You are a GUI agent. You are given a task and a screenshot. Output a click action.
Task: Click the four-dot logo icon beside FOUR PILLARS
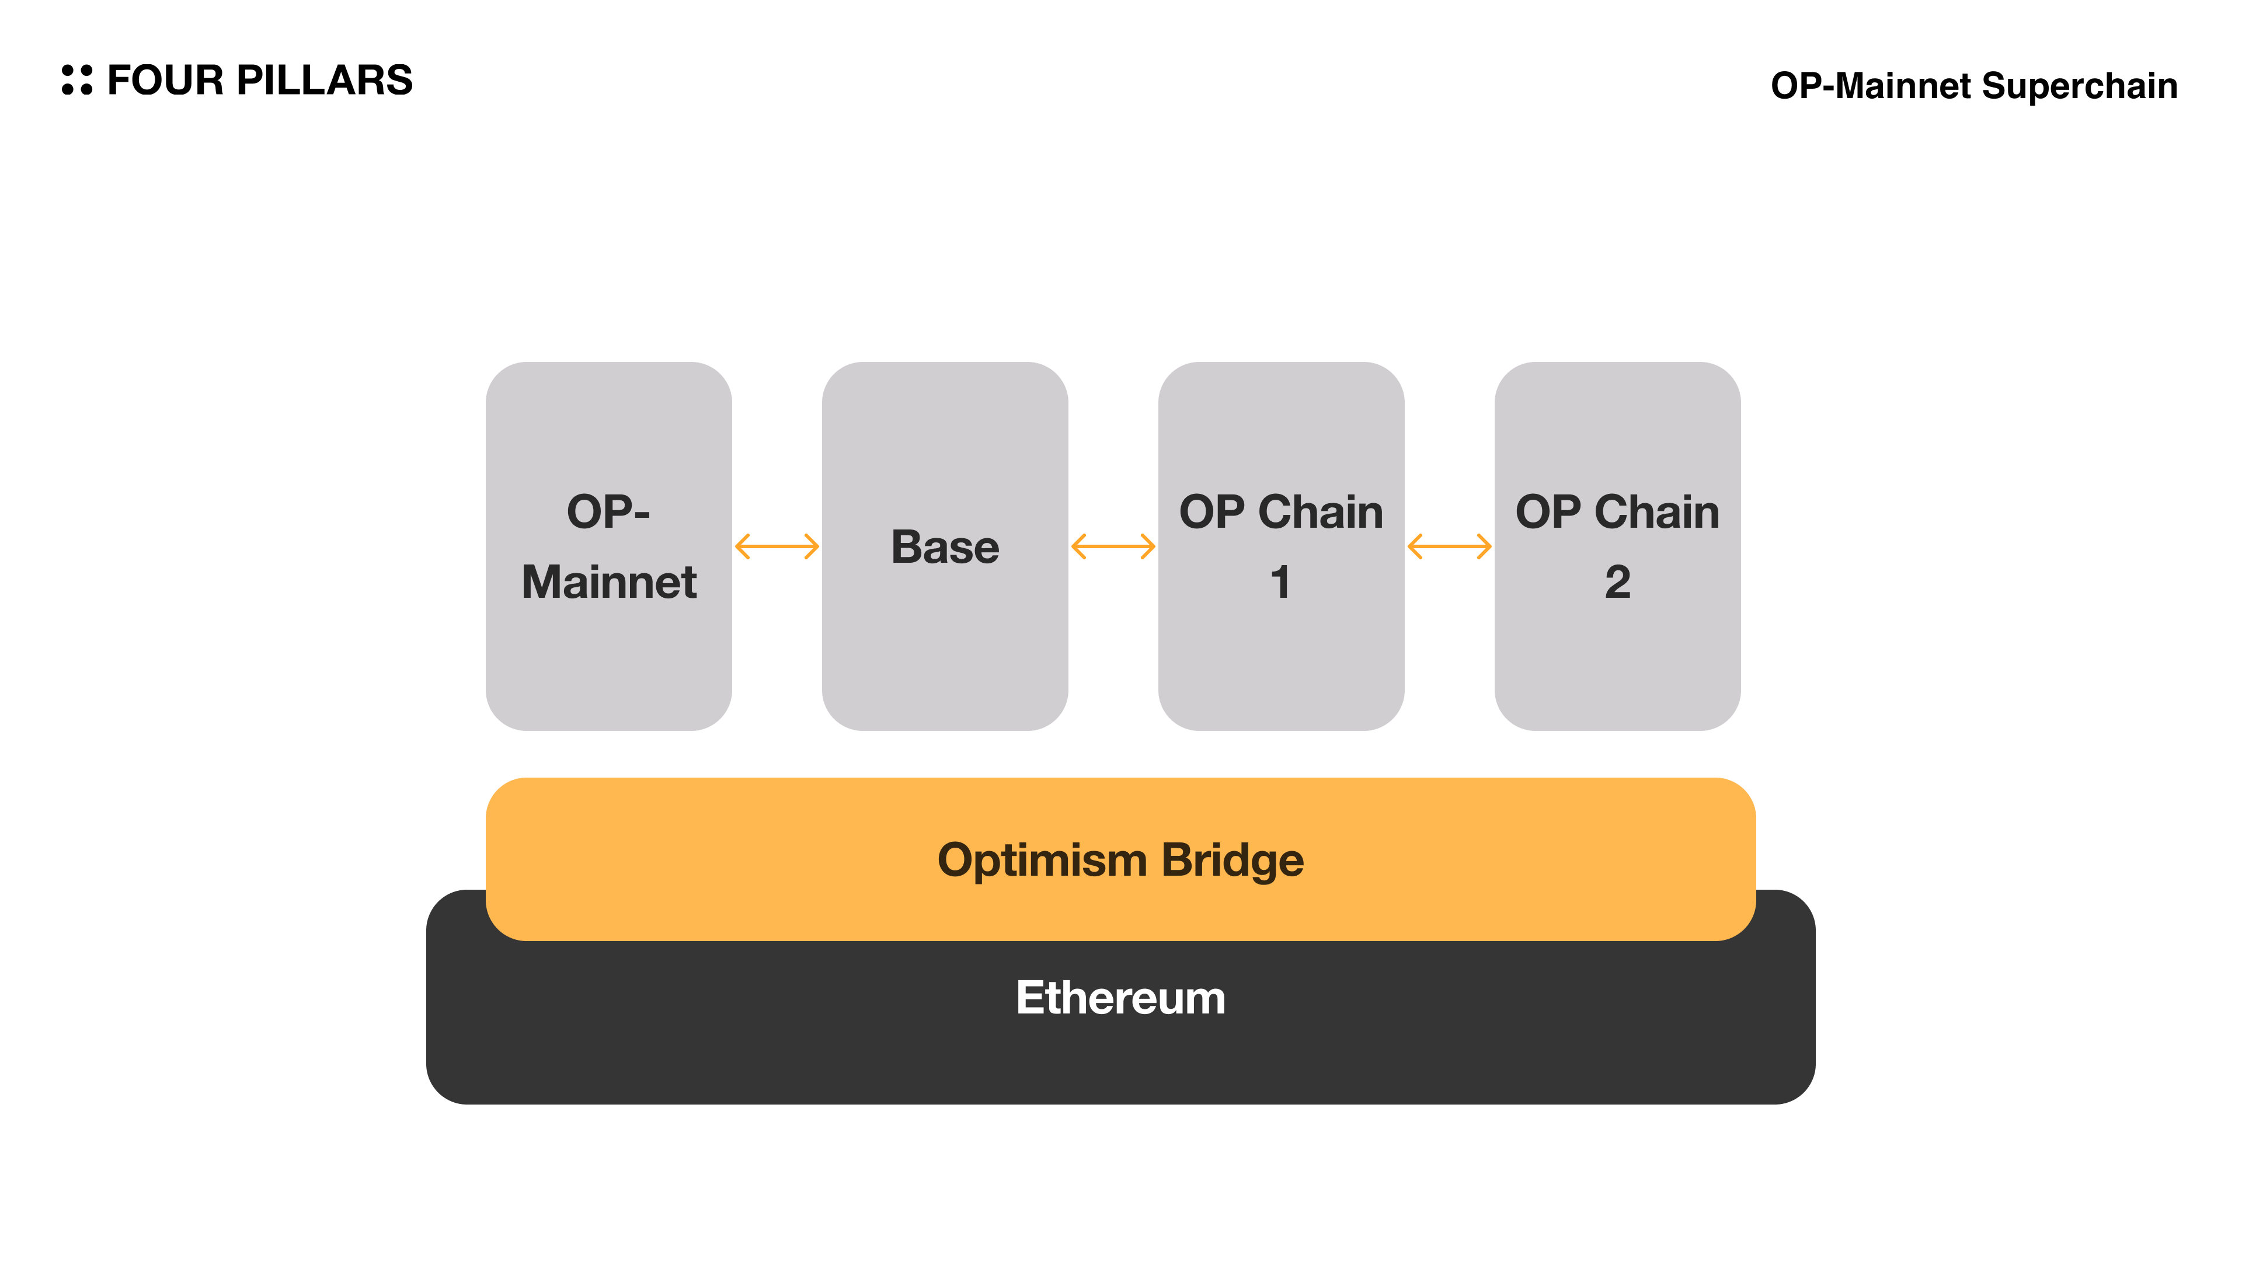[76, 80]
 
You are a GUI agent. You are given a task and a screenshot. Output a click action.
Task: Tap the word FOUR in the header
[165, 80]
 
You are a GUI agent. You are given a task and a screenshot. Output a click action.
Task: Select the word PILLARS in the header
[324, 80]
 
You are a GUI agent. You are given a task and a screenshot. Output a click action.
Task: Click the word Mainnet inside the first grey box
[608, 581]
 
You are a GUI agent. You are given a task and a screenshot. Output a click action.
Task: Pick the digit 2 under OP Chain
[1617, 581]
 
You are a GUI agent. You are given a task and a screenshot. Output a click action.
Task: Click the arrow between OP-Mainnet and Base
[777, 546]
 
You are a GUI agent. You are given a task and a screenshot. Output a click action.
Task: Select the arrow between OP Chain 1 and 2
[1449, 546]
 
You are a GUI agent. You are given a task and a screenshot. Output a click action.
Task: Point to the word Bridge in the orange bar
[1233, 860]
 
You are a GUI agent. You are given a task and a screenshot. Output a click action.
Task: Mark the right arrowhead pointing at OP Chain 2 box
[1485, 546]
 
